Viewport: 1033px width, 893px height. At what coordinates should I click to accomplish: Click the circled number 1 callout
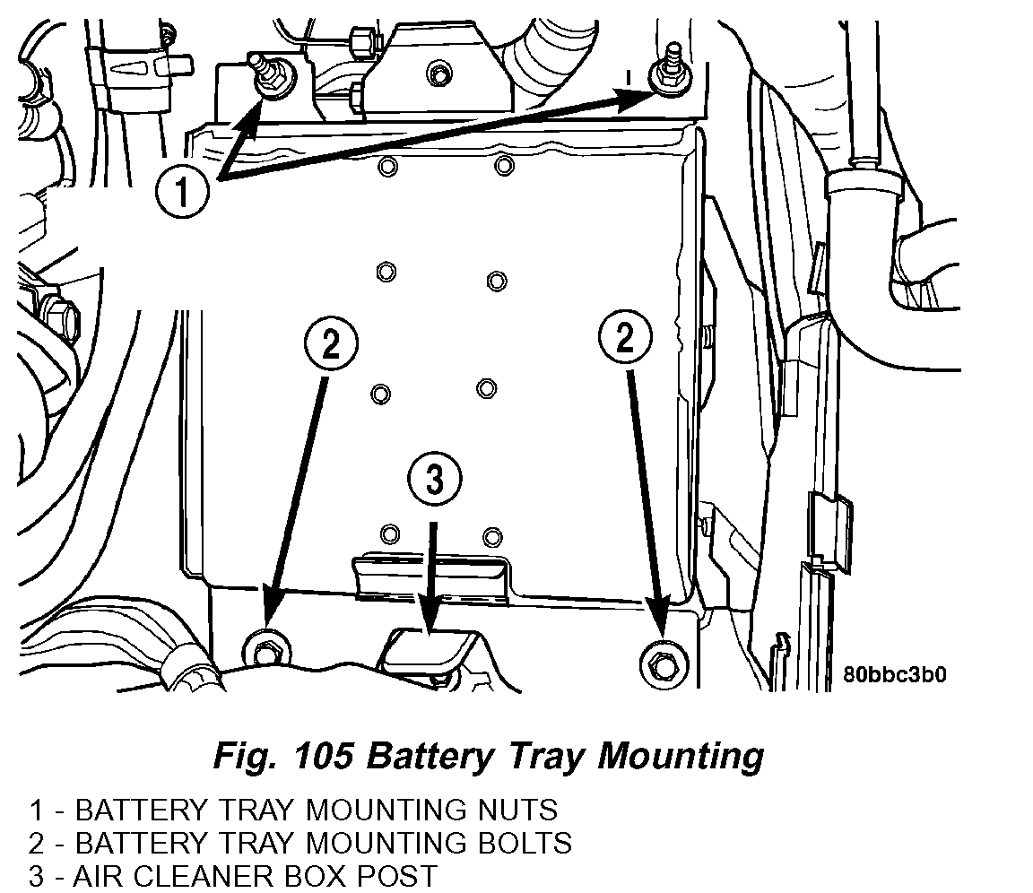(x=183, y=192)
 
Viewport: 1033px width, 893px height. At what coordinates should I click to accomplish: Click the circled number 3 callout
(x=434, y=481)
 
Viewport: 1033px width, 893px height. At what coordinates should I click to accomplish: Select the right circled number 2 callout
(x=623, y=337)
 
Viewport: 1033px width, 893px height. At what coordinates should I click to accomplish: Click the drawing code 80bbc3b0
(x=894, y=674)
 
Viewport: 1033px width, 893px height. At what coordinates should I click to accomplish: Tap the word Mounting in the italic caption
(x=680, y=756)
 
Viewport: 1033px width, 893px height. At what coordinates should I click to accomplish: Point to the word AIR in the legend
(x=97, y=875)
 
